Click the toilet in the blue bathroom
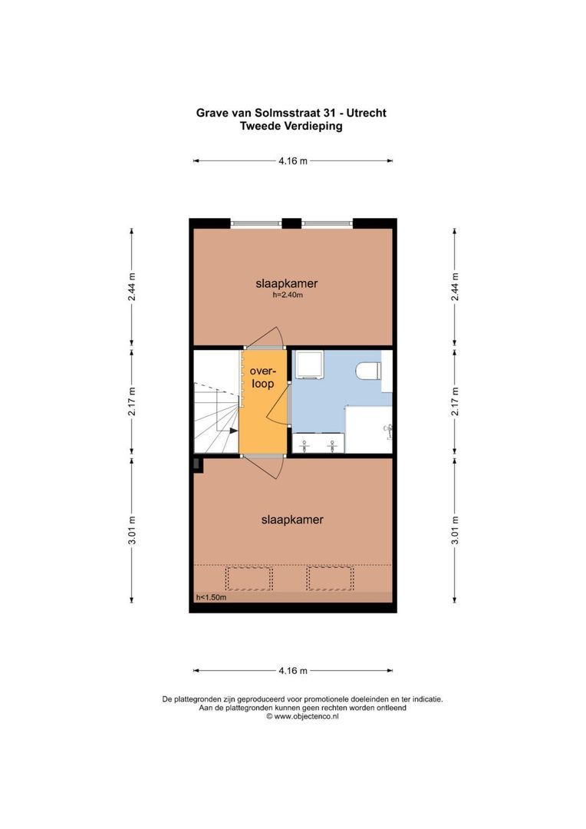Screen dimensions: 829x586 [x=370, y=371]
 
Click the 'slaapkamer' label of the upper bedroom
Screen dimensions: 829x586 [x=286, y=283]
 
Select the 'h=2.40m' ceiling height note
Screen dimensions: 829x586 [x=288, y=295]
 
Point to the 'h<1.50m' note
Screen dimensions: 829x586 [x=211, y=597]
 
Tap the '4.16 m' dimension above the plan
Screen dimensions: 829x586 [x=293, y=161]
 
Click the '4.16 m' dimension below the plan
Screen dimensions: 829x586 [x=293, y=671]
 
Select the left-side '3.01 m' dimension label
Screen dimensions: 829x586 [x=132, y=530]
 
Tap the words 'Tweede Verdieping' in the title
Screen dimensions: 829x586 [x=291, y=127]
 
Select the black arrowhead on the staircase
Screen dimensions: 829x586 [x=232, y=431]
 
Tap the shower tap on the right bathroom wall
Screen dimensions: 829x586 [x=390, y=429]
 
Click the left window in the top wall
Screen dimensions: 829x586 [x=255, y=223]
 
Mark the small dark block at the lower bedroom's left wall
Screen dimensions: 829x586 [x=197, y=464]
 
